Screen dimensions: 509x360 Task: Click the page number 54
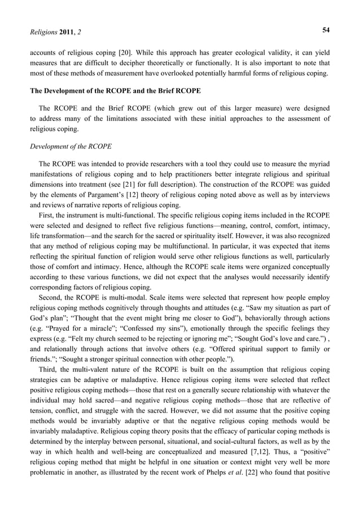pos(326,28)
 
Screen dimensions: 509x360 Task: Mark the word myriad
pos(317,165)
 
